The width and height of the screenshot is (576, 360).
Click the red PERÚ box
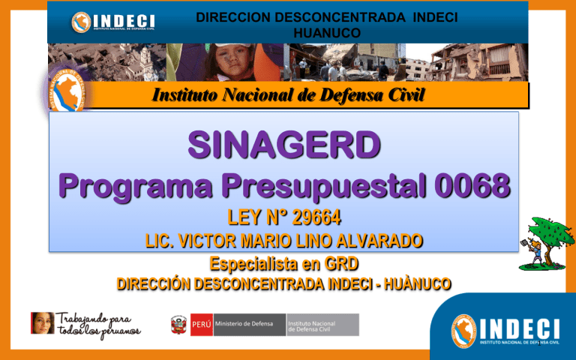tap(200, 324)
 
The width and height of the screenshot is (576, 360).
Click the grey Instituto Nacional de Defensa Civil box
tap(322, 324)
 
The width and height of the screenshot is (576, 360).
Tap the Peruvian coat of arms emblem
tap(178, 324)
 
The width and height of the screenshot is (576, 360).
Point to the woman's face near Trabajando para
tap(41, 323)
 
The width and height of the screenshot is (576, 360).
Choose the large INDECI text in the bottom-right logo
tap(517, 328)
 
